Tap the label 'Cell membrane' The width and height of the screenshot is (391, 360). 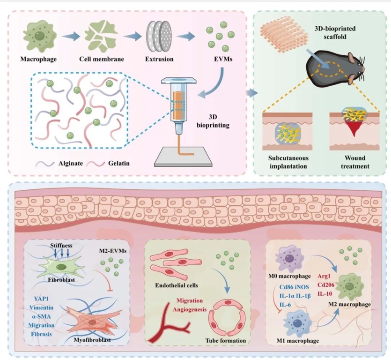click(98, 60)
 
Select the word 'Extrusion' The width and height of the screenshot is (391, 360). click(159, 60)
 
